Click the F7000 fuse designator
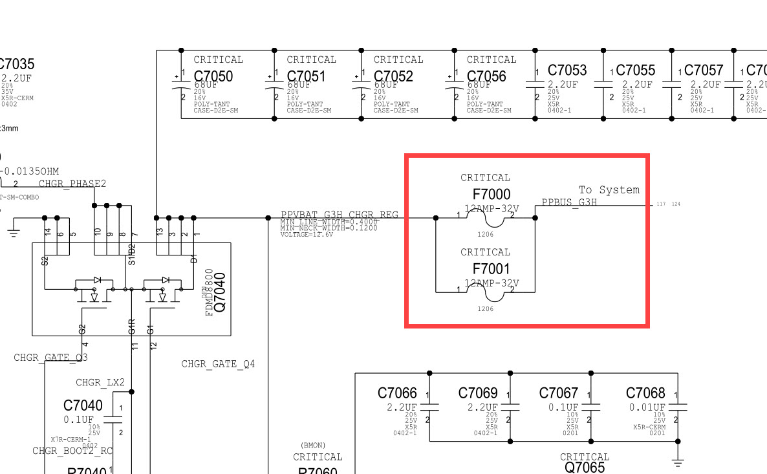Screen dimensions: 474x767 pos(492,194)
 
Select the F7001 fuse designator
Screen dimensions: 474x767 pos(492,268)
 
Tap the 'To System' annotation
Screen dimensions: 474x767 pos(609,189)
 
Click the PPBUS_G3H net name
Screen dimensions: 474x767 pos(569,202)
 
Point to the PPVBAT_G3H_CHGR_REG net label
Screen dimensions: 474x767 pos(340,215)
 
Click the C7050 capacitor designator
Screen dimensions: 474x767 pos(213,76)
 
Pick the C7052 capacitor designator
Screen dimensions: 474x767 pos(393,76)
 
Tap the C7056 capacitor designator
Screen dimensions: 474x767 pos(486,76)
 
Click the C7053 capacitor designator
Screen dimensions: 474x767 pos(567,70)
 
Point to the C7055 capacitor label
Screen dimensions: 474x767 pos(635,70)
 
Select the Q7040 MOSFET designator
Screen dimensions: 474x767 pos(220,293)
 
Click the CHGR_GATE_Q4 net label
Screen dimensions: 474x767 pos(218,364)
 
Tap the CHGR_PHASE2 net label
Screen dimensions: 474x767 pos(72,184)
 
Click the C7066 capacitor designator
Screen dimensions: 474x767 pos(397,393)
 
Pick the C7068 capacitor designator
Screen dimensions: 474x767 pos(645,393)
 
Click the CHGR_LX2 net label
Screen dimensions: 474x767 pos(100,382)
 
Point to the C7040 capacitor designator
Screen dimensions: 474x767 pos(83,405)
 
